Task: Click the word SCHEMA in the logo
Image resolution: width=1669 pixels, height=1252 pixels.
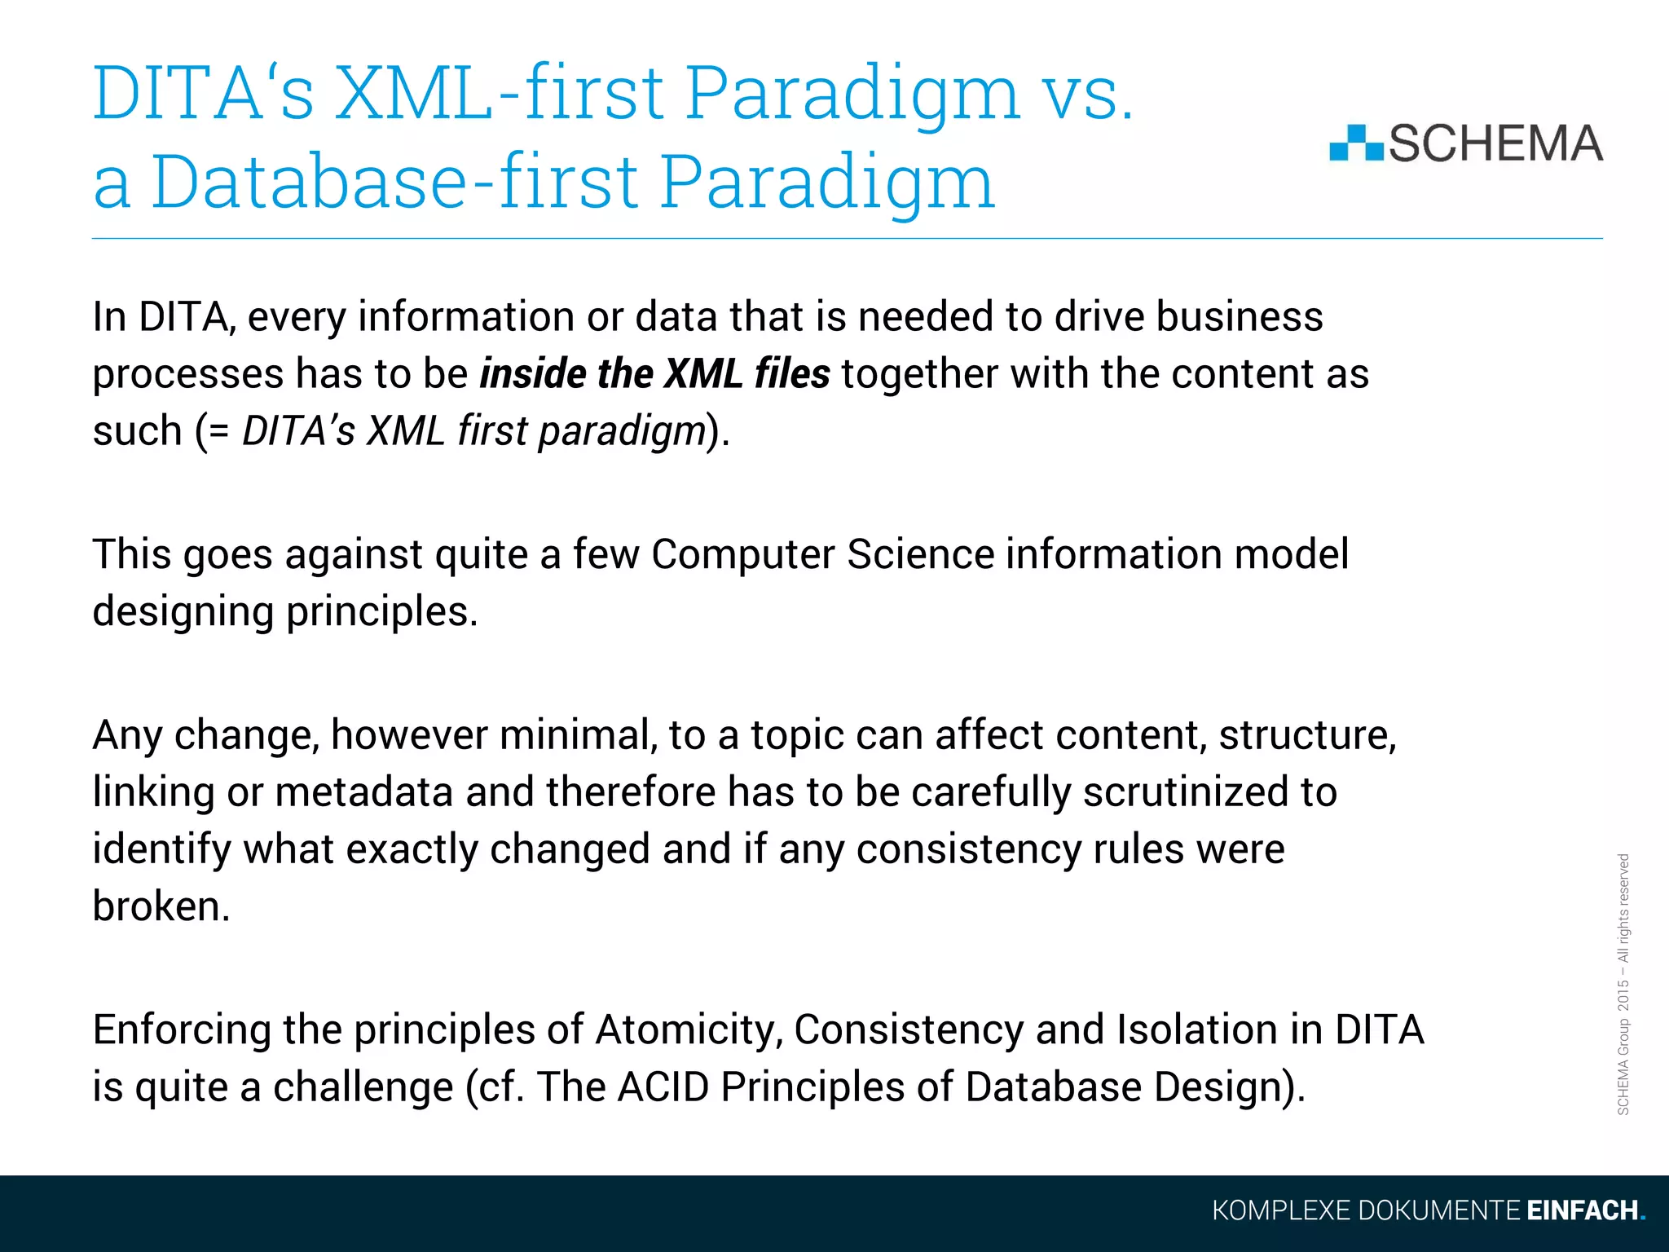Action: tap(1495, 143)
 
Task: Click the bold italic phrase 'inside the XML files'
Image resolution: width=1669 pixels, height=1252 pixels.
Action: tap(654, 374)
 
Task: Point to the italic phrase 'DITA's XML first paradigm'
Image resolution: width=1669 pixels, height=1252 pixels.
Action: tap(473, 430)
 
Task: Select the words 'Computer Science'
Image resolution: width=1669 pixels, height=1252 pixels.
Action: tap(822, 554)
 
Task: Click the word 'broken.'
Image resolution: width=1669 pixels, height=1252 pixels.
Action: tap(161, 906)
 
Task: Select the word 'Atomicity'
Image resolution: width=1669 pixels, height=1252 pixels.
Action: tap(689, 1029)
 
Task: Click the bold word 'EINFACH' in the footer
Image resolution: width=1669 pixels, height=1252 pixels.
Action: tap(1582, 1210)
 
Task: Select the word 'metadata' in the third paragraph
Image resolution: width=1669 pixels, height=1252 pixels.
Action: tap(363, 791)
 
